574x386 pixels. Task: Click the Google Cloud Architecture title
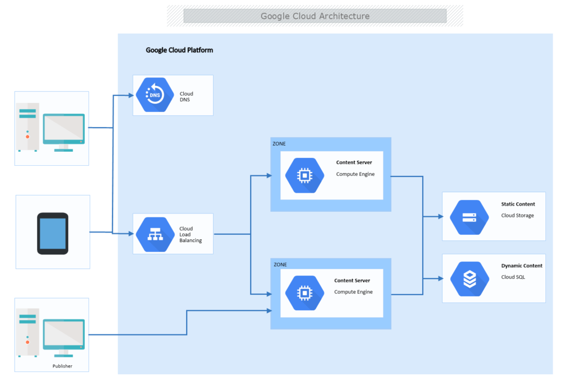point(315,16)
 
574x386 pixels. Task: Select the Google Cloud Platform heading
point(179,50)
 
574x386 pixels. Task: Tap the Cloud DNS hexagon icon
point(154,95)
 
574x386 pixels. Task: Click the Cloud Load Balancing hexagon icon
point(154,234)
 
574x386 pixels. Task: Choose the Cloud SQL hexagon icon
point(469,278)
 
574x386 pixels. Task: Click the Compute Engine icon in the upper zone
point(304,175)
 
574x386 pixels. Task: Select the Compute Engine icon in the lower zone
point(304,293)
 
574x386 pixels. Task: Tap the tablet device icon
point(53,233)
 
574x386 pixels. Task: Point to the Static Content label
point(518,204)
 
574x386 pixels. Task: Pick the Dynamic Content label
point(521,266)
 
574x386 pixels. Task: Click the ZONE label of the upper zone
point(279,144)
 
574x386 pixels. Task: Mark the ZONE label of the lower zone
point(279,264)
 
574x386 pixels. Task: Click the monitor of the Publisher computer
point(64,334)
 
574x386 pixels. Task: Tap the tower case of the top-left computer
point(29,127)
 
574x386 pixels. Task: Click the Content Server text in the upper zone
point(354,163)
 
